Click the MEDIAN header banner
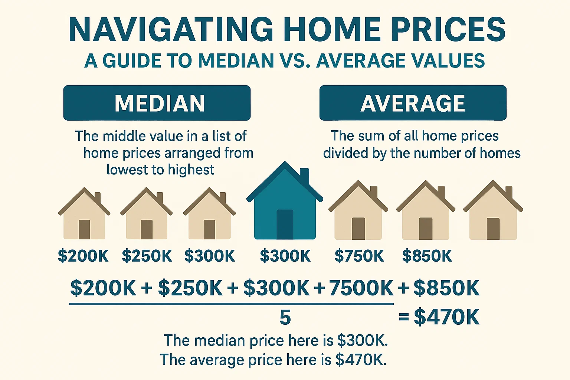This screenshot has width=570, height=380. (157, 103)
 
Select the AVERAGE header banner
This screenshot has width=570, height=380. (413, 103)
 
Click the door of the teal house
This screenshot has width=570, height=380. (285, 224)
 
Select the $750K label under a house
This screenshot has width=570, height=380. (359, 256)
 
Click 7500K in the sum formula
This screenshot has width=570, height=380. (361, 288)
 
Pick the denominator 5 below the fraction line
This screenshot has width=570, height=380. (285, 318)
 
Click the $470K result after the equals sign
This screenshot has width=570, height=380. (446, 317)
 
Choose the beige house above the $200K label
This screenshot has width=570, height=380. (84, 215)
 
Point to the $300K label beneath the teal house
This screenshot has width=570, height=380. (285, 256)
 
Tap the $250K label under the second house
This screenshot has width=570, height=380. (147, 256)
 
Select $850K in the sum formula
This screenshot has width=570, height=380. (446, 288)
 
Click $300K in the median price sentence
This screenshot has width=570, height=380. (362, 341)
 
